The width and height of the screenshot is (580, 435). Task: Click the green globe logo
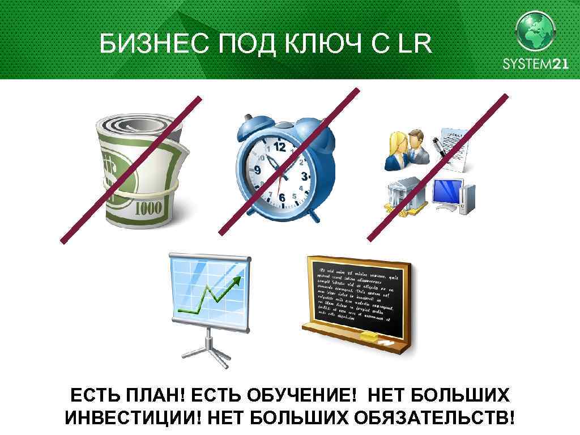535,31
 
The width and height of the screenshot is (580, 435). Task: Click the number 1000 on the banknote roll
148,208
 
